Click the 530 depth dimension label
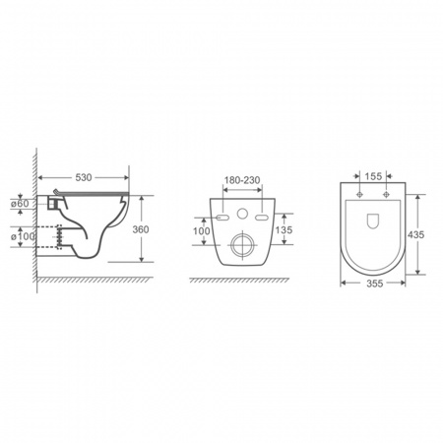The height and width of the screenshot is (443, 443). click(x=84, y=177)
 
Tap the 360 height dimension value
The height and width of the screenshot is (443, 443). click(x=141, y=229)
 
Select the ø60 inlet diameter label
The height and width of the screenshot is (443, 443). click(x=20, y=204)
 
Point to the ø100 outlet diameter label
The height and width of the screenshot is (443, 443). click(x=23, y=236)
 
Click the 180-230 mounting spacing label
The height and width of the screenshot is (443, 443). click(x=242, y=180)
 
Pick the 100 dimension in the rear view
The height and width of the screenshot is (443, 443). click(x=201, y=231)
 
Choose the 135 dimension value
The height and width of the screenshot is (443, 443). click(x=284, y=229)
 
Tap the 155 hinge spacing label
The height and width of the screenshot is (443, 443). click(x=373, y=176)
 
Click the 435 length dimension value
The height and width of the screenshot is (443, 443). click(x=415, y=234)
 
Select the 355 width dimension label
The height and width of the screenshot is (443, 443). click(x=374, y=284)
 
